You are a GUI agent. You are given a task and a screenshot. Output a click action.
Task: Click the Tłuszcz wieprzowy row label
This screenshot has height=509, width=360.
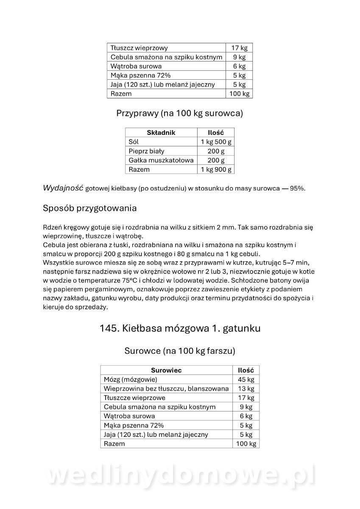click(x=139, y=48)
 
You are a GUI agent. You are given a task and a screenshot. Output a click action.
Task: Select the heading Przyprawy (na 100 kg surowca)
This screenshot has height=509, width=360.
click(x=179, y=114)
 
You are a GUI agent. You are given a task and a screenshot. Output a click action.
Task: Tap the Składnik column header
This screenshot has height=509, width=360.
click(x=161, y=133)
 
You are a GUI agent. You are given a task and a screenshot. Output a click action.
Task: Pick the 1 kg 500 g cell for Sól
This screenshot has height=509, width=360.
click(x=216, y=142)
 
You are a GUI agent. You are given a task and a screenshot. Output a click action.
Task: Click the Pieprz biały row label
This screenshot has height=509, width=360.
click(x=146, y=151)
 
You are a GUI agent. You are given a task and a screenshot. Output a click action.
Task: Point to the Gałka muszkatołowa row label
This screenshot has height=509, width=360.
click(x=161, y=160)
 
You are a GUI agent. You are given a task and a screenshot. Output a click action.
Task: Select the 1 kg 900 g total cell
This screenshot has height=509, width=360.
click(x=216, y=169)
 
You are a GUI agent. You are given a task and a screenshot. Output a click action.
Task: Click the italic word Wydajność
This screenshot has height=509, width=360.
click(x=63, y=188)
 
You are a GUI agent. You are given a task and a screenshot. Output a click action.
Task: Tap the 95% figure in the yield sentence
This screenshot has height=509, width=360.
click(x=297, y=189)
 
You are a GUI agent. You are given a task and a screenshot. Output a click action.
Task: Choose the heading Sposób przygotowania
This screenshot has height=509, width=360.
click(x=89, y=209)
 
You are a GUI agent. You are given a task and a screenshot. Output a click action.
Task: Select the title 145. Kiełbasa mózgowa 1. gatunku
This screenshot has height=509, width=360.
click(x=180, y=328)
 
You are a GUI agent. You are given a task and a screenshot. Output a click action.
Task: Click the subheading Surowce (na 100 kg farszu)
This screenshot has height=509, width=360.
click(x=180, y=351)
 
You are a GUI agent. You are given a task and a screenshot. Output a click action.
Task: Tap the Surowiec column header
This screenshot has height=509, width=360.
click(x=166, y=370)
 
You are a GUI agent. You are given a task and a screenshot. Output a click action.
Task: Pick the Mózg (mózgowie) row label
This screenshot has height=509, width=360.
click(x=131, y=379)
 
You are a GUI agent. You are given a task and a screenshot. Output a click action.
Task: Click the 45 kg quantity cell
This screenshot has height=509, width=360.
click(x=246, y=379)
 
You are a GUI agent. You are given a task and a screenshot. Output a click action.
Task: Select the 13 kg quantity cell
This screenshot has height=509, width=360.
click(x=246, y=389)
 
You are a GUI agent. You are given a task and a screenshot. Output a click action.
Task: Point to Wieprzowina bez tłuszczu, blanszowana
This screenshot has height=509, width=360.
click(x=166, y=389)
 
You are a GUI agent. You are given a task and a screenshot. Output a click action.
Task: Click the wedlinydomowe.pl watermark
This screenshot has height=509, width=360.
click(x=180, y=476)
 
